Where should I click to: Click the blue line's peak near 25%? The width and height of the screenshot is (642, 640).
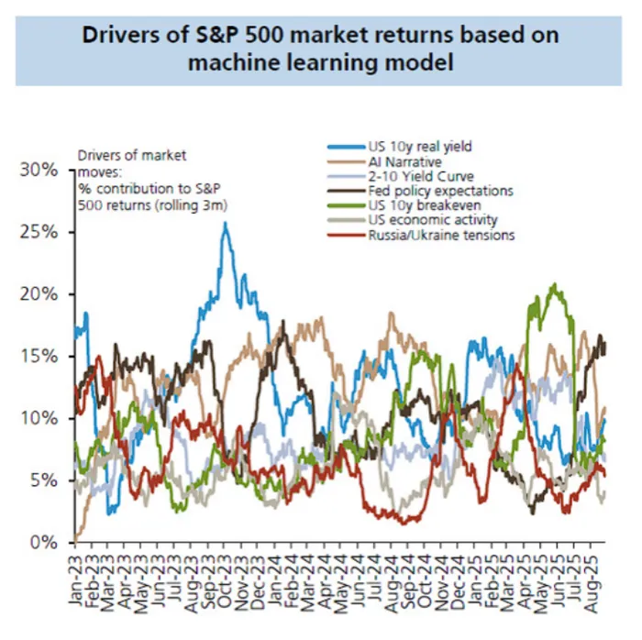tap(225, 223)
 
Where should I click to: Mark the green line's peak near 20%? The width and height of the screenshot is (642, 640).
tap(553, 285)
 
